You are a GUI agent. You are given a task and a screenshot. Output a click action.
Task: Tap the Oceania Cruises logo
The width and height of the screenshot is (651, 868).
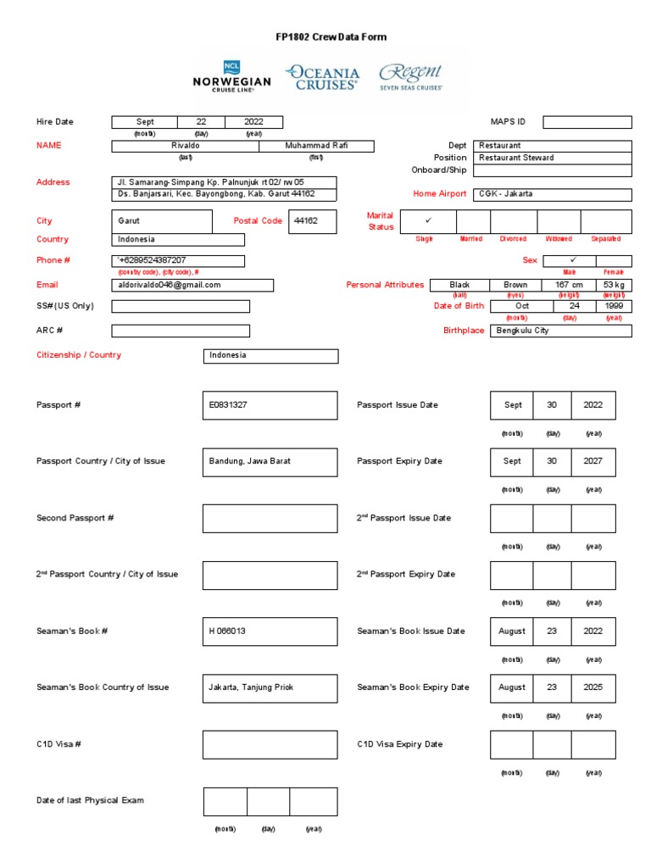pyautogui.click(x=322, y=76)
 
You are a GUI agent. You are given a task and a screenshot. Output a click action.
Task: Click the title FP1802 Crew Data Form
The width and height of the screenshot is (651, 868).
pyautogui.click(x=325, y=37)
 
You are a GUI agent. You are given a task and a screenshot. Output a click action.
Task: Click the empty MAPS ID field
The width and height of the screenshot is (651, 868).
pyautogui.click(x=587, y=122)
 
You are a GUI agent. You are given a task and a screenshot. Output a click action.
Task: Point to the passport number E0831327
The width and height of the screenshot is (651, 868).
pyautogui.click(x=270, y=405)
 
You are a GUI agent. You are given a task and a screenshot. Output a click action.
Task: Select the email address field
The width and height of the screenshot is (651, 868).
pyautogui.click(x=192, y=286)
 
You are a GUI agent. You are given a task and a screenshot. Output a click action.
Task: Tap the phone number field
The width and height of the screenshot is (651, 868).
pyautogui.click(x=178, y=261)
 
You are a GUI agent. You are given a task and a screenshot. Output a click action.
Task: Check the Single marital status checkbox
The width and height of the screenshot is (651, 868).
pyautogui.click(x=428, y=221)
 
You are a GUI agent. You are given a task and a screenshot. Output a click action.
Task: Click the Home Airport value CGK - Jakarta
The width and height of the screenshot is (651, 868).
pyautogui.click(x=551, y=194)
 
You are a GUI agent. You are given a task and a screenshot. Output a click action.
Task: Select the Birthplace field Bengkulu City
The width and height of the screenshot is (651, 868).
pyautogui.click(x=560, y=331)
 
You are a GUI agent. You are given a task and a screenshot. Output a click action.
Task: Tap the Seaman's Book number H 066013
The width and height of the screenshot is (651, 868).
pyautogui.click(x=270, y=632)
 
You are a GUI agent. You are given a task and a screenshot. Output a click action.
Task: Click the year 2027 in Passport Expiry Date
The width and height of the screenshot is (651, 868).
pyautogui.click(x=593, y=462)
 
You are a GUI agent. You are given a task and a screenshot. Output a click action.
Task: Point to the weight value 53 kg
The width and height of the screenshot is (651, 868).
pyautogui.click(x=613, y=286)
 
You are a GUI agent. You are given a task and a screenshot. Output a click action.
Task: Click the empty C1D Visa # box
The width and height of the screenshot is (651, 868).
pyautogui.click(x=270, y=744)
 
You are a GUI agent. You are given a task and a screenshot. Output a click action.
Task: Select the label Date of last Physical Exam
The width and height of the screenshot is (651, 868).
pyautogui.click(x=90, y=800)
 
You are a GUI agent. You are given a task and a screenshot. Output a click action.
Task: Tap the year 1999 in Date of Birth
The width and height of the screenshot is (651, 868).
pyautogui.click(x=613, y=306)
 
